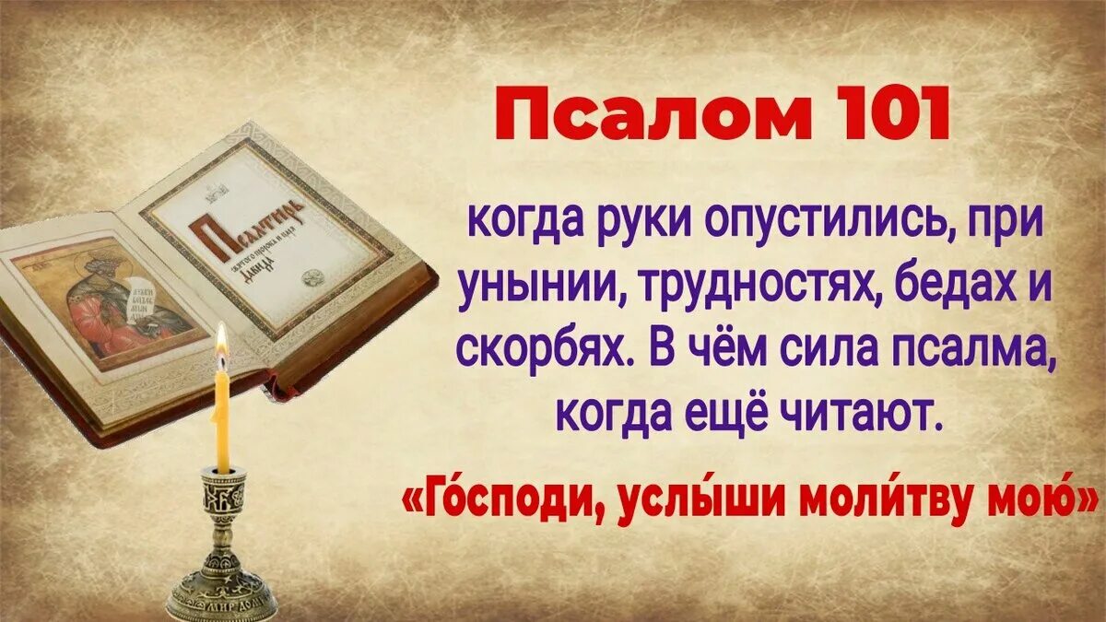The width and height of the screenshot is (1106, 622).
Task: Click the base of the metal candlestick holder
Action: click(x=222, y=593)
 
